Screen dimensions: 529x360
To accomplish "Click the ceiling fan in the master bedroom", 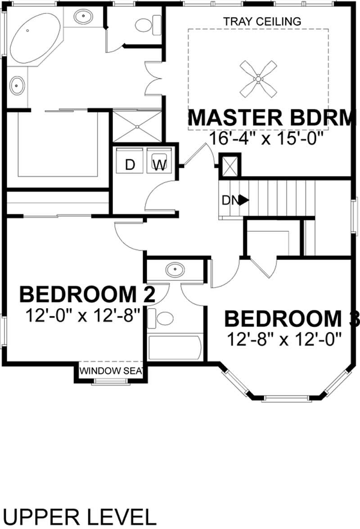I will click(x=258, y=79).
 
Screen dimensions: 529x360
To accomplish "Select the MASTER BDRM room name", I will click(x=269, y=118).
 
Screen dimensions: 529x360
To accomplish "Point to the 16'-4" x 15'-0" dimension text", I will click(x=266, y=138).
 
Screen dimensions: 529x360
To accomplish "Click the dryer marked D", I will click(x=130, y=165).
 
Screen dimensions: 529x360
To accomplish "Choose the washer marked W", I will click(x=159, y=165).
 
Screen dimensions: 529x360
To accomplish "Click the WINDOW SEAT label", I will click(x=111, y=371).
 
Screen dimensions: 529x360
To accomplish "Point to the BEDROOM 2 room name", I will click(x=88, y=295).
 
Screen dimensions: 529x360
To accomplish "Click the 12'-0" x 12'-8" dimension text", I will click(x=85, y=314).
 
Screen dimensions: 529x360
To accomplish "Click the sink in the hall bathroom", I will click(x=174, y=270).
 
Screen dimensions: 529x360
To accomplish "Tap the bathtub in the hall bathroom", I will click(x=175, y=347).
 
